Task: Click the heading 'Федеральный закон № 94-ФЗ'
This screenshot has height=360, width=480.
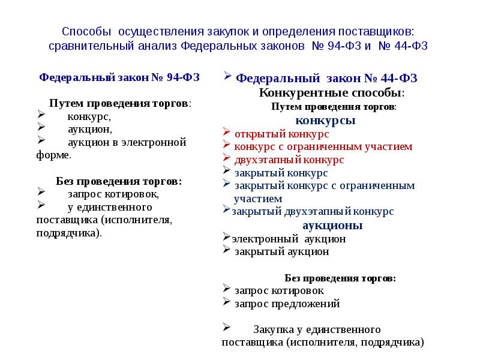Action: click(119, 77)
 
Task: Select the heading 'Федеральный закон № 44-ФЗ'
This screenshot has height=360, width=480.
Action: click(326, 79)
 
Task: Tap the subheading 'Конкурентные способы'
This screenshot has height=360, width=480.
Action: click(332, 92)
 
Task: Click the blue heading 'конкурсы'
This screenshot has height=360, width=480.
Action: click(325, 121)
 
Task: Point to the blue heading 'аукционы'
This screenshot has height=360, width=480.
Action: click(332, 226)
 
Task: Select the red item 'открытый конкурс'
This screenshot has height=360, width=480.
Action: click(281, 134)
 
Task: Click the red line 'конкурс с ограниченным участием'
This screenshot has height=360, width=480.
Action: click(323, 146)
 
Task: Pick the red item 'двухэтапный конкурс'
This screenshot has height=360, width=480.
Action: click(289, 160)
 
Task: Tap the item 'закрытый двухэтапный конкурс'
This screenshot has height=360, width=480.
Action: click(313, 212)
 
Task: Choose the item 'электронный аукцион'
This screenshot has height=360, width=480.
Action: click(289, 239)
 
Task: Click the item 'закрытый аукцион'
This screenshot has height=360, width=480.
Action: click(281, 251)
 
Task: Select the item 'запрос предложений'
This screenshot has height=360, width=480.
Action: click(287, 304)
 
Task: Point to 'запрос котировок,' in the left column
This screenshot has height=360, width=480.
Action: click(113, 194)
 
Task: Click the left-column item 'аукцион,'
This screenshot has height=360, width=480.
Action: click(90, 130)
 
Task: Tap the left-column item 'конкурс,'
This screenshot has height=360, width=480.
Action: click(89, 116)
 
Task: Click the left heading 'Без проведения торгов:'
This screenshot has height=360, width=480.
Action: click(119, 181)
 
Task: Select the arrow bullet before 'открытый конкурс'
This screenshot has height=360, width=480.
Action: click(227, 131)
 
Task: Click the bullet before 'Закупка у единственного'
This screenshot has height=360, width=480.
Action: click(227, 327)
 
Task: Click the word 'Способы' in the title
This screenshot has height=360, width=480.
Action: click(86, 32)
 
